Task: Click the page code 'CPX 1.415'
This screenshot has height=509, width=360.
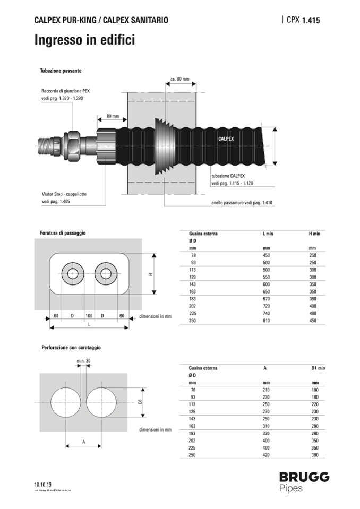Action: click(303, 20)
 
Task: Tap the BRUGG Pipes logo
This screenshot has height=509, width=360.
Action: click(304, 481)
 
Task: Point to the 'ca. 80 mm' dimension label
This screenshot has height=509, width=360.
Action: click(179, 79)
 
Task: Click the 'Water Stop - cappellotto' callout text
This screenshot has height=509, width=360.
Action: click(64, 194)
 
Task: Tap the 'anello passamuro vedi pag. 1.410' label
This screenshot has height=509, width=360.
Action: click(242, 203)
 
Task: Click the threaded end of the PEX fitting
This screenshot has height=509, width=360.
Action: click(49, 145)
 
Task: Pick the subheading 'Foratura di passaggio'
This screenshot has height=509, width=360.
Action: click(63, 232)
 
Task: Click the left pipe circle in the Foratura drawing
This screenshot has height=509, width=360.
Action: click(72, 274)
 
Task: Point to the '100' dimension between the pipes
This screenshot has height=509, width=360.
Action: click(89, 316)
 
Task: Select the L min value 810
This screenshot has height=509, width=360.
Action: click(267, 321)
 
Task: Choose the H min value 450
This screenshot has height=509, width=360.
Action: click(313, 321)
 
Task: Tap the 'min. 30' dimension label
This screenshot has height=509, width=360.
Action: click(84, 361)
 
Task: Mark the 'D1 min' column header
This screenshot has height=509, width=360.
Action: click(318, 368)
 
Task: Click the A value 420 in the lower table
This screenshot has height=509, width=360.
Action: click(267, 455)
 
